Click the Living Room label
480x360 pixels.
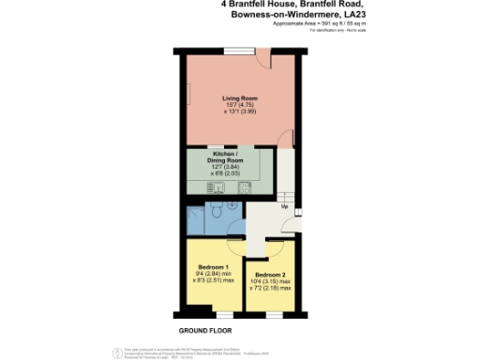pyautogui.click(x=240, y=97)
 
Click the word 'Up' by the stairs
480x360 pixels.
pyautogui.click(x=284, y=206)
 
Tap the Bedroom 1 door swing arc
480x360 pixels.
pyautogui.click(x=234, y=247)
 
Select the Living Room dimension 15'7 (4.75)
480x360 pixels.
pyautogui.click(x=240, y=105)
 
